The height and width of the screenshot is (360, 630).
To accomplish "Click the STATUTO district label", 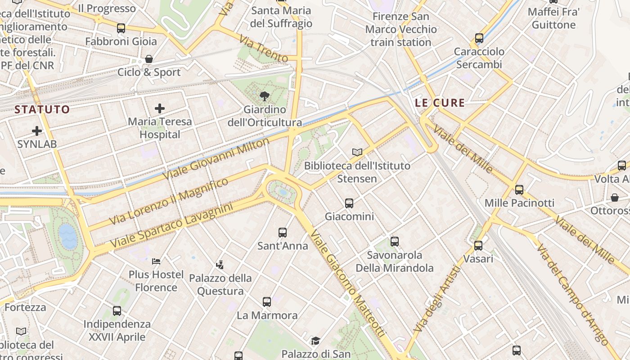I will click(42, 109).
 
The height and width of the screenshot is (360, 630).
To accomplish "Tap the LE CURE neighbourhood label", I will click(440, 103).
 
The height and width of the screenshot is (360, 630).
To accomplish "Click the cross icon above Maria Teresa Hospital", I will click(160, 108).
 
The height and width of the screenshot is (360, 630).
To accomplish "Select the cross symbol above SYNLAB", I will click(37, 131).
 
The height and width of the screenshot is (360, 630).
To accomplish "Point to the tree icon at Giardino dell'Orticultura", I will click(265, 96).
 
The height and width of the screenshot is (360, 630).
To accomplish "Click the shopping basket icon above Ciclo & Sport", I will click(149, 59).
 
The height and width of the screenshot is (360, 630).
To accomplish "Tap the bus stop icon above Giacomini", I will click(349, 203).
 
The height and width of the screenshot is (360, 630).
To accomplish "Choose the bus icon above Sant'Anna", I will click(283, 233).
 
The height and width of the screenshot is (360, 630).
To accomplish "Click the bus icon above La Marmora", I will click(267, 302).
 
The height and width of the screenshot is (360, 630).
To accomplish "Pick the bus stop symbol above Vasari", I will click(478, 246).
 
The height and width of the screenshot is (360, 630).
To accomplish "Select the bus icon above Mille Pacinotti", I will click(519, 190).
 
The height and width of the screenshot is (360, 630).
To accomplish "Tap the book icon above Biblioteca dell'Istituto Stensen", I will click(357, 153).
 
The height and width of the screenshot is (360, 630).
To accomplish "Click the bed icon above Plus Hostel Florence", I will click(156, 261).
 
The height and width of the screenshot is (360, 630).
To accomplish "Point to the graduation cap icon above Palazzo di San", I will click(315, 341).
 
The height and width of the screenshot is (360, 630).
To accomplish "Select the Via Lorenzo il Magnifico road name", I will click(169, 201).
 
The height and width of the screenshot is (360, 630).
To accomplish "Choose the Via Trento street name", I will click(263, 49).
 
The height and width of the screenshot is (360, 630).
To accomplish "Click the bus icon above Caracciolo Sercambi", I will click(479, 38).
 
